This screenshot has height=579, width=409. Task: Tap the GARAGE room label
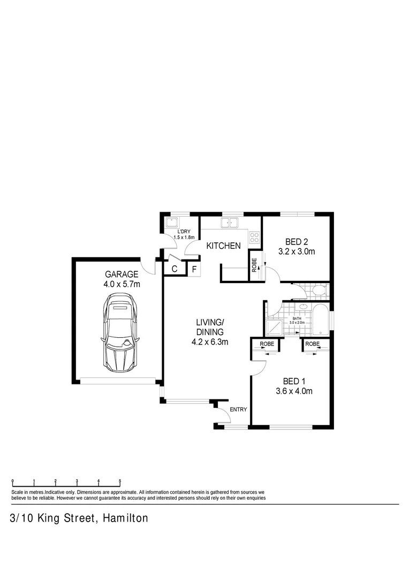tap(122, 273)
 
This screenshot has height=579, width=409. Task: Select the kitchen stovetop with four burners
tap(254, 238)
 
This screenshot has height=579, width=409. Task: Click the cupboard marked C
tap(174, 269)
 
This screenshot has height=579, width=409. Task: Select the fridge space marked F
tap(194, 269)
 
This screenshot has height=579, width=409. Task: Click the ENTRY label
tap(238, 410)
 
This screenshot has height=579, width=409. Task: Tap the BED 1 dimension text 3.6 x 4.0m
tap(294, 391)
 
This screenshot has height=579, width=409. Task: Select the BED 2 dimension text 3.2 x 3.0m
tap(296, 251)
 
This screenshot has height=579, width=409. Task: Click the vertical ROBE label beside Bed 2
tap(255, 265)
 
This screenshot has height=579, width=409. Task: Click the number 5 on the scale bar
tap(120, 481)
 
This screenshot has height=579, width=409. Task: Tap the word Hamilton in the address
tap(124, 518)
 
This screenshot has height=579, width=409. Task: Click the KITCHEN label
tap(224, 246)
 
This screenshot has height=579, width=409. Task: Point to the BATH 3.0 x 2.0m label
tap(297, 321)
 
